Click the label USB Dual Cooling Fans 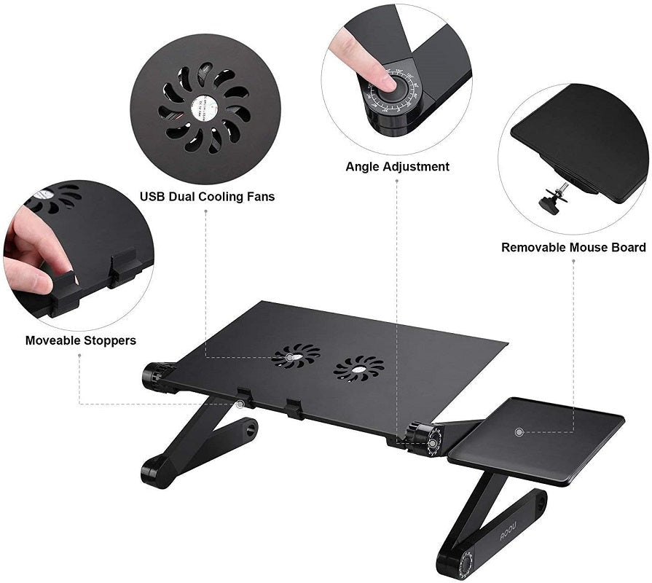(x=208, y=197)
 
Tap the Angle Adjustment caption (x=397, y=167)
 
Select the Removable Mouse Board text (x=573, y=248)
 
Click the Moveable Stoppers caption (x=80, y=340)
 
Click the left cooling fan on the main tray (x=295, y=356)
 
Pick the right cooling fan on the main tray (x=358, y=369)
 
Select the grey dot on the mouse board (x=519, y=431)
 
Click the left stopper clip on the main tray (x=244, y=398)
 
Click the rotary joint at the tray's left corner (x=157, y=377)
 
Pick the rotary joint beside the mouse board (x=425, y=439)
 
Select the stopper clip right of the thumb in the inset (x=124, y=268)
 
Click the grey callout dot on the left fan (x=289, y=357)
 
